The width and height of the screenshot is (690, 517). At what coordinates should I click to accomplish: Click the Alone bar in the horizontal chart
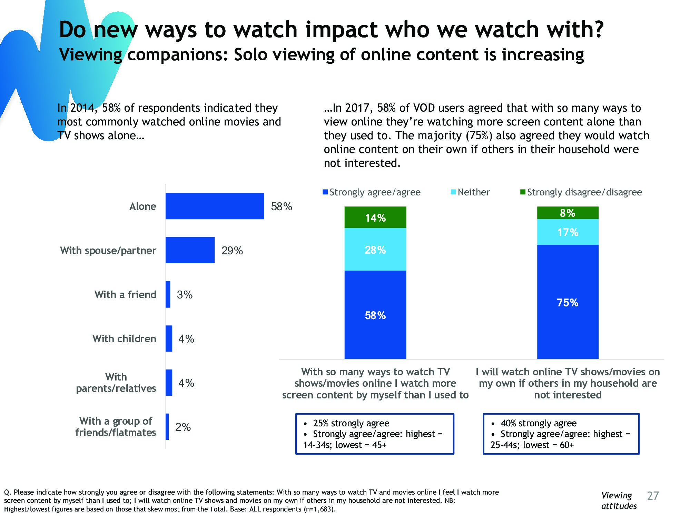point(215,206)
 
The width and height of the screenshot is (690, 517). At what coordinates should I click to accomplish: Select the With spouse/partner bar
point(190,250)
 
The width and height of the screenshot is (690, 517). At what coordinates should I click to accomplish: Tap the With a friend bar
point(168,294)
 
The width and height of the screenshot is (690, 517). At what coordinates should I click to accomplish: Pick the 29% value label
point(232,251)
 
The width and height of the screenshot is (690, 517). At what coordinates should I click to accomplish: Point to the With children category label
point(124,338)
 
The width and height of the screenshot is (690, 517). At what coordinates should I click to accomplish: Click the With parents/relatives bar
point(169,383)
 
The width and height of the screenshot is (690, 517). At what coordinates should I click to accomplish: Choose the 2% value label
point(183,427)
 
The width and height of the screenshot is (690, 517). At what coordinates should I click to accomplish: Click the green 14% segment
point(375,217)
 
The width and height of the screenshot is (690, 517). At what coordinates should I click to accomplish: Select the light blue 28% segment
point(375,250)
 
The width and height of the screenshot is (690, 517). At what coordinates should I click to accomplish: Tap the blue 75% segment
point(568,302)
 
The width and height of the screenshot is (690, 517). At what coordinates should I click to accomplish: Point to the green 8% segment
point(568,213)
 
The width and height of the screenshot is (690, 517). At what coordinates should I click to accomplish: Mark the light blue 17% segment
point(568,232)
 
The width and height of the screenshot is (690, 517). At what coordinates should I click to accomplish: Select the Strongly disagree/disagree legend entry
point(581,192)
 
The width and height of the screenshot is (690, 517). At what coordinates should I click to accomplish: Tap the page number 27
point(653,496)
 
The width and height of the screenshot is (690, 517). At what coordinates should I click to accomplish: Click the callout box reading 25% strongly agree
point(375,434)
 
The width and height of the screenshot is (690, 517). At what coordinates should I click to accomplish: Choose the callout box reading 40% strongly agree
point(561,434)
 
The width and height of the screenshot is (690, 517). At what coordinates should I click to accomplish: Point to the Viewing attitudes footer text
point(619,501)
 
